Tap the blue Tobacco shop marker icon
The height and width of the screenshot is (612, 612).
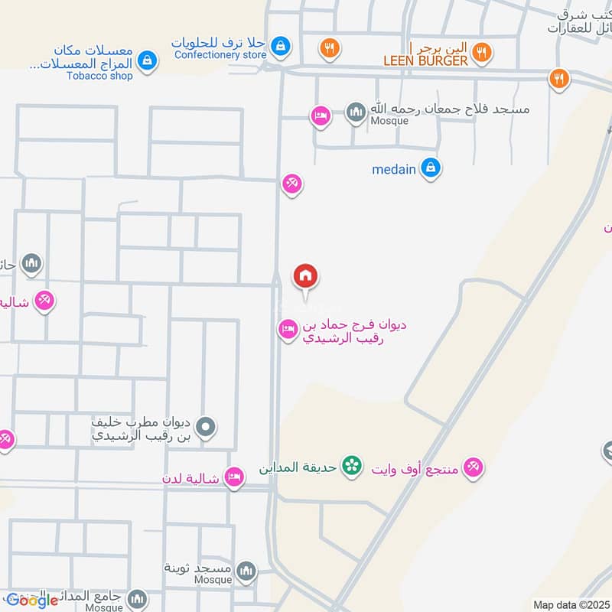click(148, 59)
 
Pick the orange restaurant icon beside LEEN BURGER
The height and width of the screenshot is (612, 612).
click(481, 53)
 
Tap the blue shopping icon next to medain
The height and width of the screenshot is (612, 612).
click(431, 168)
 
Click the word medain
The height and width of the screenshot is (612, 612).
click(393, 169)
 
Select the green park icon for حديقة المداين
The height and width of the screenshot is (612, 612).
click(351, 465)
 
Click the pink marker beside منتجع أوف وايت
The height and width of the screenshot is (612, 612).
click(474, 467)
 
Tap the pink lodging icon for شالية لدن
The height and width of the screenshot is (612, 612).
click(235, 478)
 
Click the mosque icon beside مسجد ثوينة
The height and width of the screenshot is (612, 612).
click(246, 570)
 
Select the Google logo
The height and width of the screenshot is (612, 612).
click(32, 601)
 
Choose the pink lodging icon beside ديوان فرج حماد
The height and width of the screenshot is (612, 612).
click(288, 330)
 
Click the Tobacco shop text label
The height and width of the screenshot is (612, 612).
click(99, 76)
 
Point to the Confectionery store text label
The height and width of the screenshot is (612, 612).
click(220, 55)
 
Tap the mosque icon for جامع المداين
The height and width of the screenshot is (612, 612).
click(137, 597)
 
